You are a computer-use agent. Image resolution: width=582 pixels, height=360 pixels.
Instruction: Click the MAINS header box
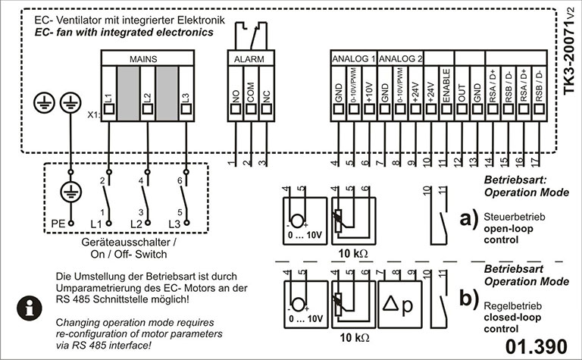click(x=142, y=58)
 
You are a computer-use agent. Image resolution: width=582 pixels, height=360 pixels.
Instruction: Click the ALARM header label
click(x=249, y=58)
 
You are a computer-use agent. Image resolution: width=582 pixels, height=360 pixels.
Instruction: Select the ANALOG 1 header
click(x=353, y=58)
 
